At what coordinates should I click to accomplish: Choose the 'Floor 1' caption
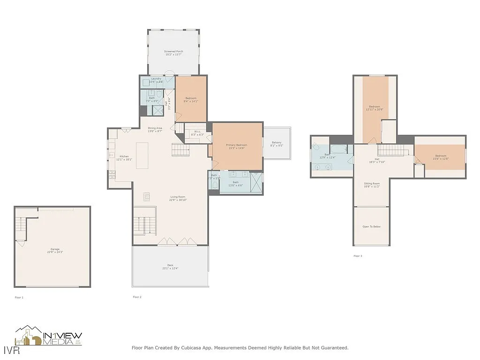(x=19, y=297)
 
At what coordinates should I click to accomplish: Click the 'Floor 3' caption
(x=358, y=256)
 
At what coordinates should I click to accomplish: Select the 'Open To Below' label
(x=371, y=227)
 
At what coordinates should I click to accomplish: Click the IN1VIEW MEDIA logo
(x=49, y=337)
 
